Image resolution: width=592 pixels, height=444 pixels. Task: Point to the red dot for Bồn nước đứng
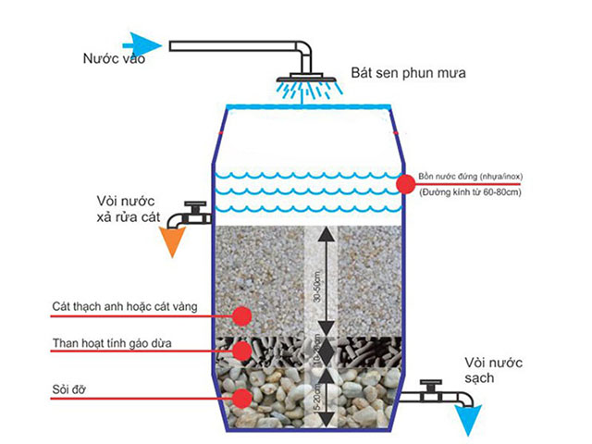pyautogui.click(x=404, y=184)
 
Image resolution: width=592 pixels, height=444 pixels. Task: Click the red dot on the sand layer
pyautogui.click(x=242, y=316)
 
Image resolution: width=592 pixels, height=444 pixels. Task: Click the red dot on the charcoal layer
pyautogui.click(x=242, y=351)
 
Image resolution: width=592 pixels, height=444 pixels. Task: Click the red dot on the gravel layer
pyautogui.click(x=242, y=398)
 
